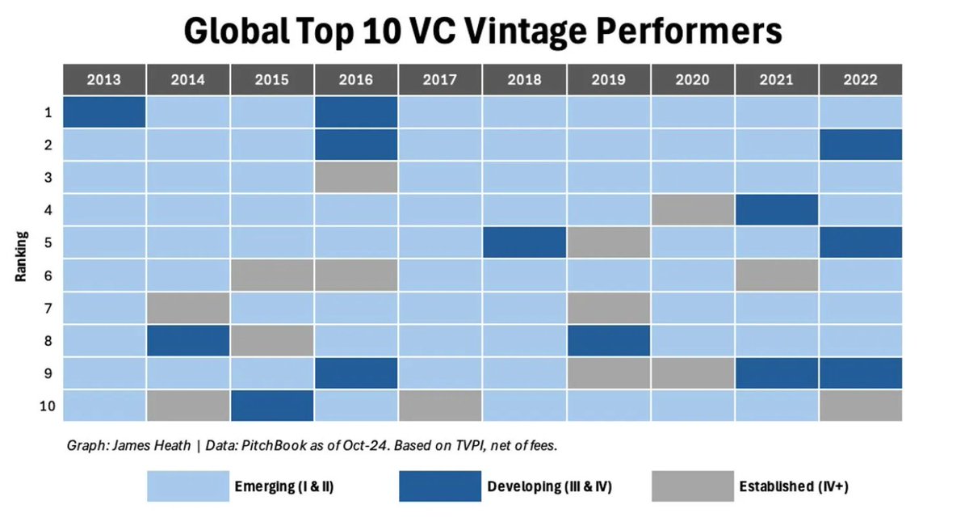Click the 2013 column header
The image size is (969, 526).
[x=104, y=80]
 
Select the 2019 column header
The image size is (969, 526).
[x=609, y=80]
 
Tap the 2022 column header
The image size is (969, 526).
[x=861, y=80]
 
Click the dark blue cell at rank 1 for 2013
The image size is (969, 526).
[x=104, y=112]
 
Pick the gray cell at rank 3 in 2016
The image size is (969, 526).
[x=356, y=177]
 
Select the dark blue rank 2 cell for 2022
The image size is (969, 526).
[x=861, y=145]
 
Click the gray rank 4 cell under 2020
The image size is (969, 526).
[x=693, y=210]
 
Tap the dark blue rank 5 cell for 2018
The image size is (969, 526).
[x=524, y=242]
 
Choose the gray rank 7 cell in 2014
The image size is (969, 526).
[x=188, y=308]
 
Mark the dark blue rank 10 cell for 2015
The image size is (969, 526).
[x=272, y=406]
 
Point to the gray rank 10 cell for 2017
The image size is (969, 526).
[x=440, y=406]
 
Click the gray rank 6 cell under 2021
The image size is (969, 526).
[x=777, y=275]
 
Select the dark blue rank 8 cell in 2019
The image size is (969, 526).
[x=609, y=340]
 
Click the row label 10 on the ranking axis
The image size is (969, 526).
[x=48, y=406]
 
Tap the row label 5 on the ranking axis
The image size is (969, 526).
[x=48, y=242]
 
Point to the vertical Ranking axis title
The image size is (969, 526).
[x=21, y=257]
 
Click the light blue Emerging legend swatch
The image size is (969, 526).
[x=188, y=486]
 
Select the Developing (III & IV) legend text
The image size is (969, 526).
[x=549, y=486]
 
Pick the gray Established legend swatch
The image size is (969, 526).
[x=693, y=486]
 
